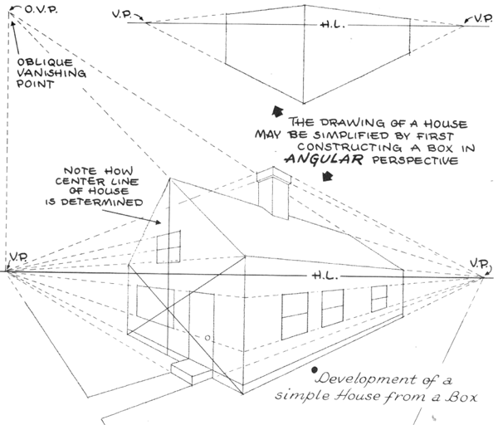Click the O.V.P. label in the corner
pyautogui.click(x=40, y=11)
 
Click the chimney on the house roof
pyautogui.click(x=271, y=196)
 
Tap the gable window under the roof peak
pyautogui.click(x=168, y=247)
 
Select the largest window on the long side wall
pyautogui.click(x=295, y=315)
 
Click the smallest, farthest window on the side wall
pyautogui.click(x=379, y=298)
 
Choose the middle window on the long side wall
pyautogui.click(x=334, y=307)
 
